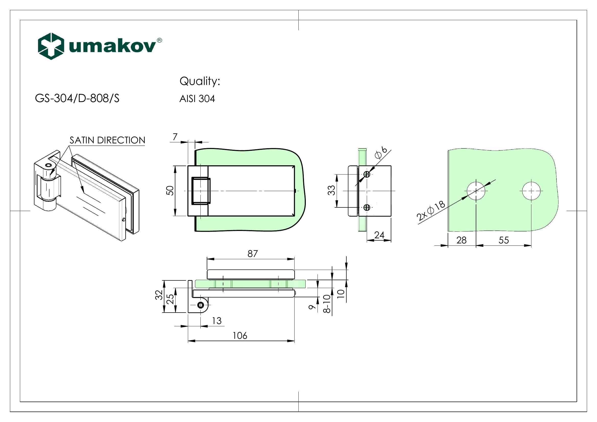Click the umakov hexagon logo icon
51,46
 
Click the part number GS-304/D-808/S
77,98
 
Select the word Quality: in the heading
200,81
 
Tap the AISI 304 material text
197,99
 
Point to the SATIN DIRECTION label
107,140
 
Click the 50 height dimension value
170,191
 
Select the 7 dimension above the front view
175,137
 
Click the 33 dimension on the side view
332,191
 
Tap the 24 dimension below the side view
379,235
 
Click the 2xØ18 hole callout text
431,211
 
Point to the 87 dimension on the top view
252,254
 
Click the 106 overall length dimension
240,336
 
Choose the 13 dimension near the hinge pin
217,321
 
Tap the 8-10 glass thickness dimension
327,304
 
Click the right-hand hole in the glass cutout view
531,191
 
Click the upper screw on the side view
367,174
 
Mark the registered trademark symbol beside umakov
159,40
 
